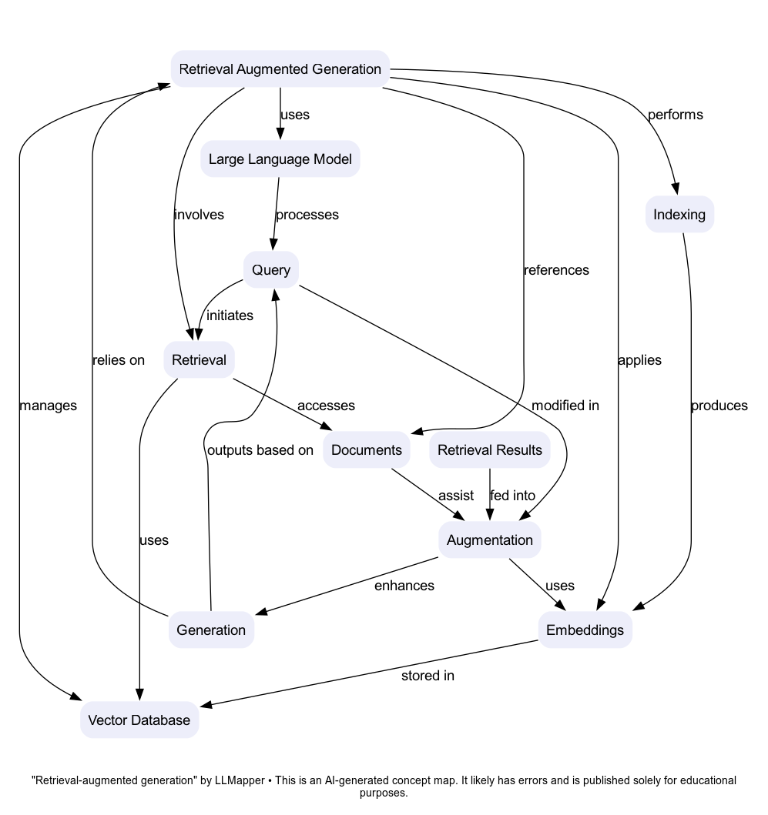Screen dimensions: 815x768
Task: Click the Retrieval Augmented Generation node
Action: pyautogui.click(x=280, y=69)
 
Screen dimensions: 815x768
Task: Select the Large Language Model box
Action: pyautogui.click(x=280, y=159)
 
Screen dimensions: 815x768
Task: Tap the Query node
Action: pyautogui.click(x=271, y=269)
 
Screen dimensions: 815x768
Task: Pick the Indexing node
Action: pyautogui.click(x=679, y=214)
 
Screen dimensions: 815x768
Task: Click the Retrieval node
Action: pyautogui.click(x=199, y=359)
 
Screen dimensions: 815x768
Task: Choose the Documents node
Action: pyautogui.click(x=366, y=450)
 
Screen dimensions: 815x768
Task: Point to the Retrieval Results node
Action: pyautogui.click(x=489, y=450)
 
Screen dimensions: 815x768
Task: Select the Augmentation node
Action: pyautogui.click(x=489, y=540)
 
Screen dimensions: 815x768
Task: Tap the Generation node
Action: pyautogui.click(x=211, y=630)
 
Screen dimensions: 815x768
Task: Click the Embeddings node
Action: pyautogui.click(x=585, y=630)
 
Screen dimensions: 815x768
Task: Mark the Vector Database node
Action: pyautogui.click(x=139, y=720)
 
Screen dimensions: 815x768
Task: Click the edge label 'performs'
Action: pyautogui.click(x=675, y=115)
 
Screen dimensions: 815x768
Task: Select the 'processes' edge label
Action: pyautogui.click(x=307, y=215)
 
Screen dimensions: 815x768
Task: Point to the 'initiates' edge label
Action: pyautogui.click(x=230, y=315)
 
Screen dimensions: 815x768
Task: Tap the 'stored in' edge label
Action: pyautogui.click(x=428, y=676)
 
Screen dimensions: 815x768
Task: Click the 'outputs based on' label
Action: pyautogui.click(x=260, y=450)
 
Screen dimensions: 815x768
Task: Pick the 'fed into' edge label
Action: pyautogui.click(x=512, y=496)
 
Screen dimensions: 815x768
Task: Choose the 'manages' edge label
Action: pyautogui.click(x=48, y=406)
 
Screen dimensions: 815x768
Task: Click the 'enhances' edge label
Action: pyautogui.click(x=404, y=586)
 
